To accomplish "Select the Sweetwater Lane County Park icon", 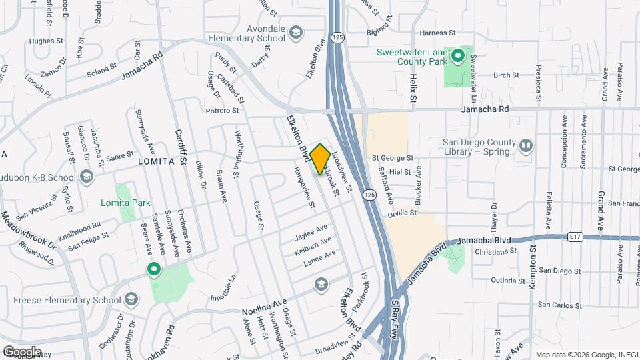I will coord(458,55).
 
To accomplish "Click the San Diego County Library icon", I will coord(525,145).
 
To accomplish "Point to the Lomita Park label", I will coord(125,203).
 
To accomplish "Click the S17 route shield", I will coord(575,236).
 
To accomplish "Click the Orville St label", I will coord(403,213).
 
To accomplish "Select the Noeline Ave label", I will coord(264,306).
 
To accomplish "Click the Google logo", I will coord(22,351).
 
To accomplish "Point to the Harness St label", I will coord(437,32).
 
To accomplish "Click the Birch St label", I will coord(506,75).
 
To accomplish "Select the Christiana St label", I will coord(497,252).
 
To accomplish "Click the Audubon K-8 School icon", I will coord(86,177).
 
